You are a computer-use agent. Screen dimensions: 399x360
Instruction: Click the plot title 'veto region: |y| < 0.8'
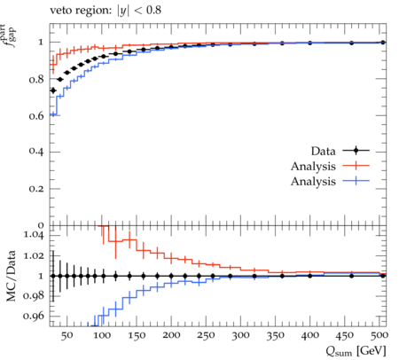(106, 11)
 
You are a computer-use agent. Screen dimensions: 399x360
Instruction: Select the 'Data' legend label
(323, 151)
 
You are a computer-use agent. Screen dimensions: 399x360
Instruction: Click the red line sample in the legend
(356, 166)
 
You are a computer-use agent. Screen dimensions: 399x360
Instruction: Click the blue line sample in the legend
(356, 181)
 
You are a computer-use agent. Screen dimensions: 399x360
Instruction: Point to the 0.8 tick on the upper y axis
(36, 80)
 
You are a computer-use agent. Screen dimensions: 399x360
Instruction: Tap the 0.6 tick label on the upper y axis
(36, 116)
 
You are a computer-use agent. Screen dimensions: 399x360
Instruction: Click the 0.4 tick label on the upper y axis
(36, 152)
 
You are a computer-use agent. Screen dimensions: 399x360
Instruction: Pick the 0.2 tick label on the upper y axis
(36, 189)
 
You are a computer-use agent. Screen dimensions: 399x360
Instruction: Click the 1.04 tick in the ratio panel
(34, 235)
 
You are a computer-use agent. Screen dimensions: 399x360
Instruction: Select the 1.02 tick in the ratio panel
(34, 255)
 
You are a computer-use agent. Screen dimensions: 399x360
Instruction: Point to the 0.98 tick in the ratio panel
(34, 296)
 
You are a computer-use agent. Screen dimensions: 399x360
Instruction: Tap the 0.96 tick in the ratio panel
(34, 316)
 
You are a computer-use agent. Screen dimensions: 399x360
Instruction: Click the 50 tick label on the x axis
(67, 335)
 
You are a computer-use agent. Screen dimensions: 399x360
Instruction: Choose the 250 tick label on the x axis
(206, 335)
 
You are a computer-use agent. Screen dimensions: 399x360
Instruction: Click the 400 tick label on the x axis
(310, 335)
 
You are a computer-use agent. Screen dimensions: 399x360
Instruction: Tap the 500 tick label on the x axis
(379, 335)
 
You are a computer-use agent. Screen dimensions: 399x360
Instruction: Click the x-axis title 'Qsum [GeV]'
(356, 351)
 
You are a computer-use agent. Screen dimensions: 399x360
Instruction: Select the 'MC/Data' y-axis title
(12, 276)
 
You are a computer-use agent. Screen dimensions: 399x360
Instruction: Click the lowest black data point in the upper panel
(53, 90)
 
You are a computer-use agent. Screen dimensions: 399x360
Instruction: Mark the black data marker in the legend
(356, 151)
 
